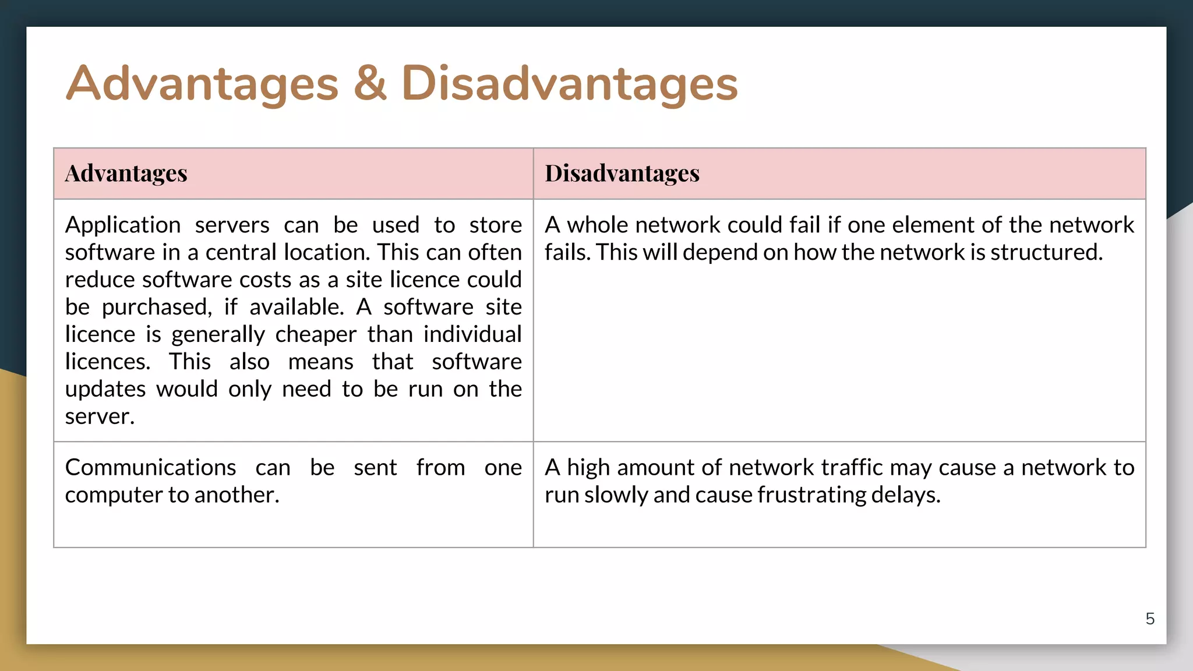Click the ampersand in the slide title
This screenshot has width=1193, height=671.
(x=370, y=83)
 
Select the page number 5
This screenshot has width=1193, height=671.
(x=1149, y=619)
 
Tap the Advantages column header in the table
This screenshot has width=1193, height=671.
(x=126, y=173)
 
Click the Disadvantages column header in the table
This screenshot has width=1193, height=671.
(x=622, y=173)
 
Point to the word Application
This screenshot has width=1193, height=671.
(x=123, y=225)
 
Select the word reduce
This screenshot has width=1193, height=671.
(x=100, y=280)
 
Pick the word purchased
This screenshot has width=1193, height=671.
(x=156, y=308)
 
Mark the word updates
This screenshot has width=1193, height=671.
(x=105, y=389)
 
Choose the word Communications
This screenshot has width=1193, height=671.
(x=150, y=467)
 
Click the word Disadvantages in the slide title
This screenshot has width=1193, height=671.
(x=569, y=83)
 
